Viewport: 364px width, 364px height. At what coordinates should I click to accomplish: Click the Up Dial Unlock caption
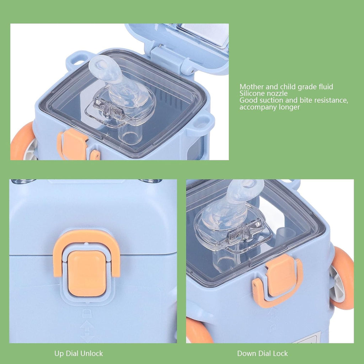tap(79, 354)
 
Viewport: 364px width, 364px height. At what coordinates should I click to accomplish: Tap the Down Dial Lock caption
tap(262, 354)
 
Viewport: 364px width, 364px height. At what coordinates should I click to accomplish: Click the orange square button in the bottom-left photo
tap(87, 273)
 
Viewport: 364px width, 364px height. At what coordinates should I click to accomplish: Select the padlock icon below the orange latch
tap(87, 313)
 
